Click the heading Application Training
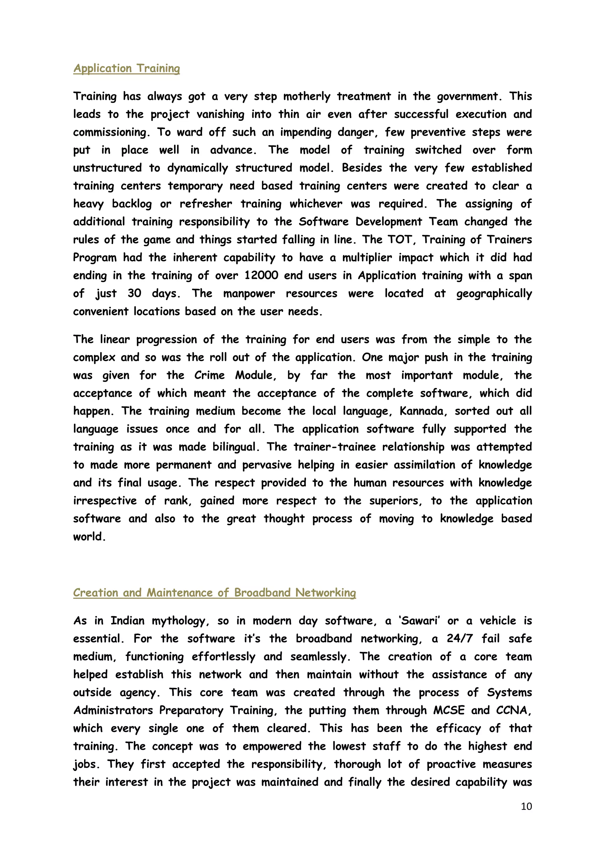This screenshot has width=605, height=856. coord(126,68)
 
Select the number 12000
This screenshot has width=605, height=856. coord(261,276)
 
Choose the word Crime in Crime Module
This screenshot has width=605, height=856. coord(209,375)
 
